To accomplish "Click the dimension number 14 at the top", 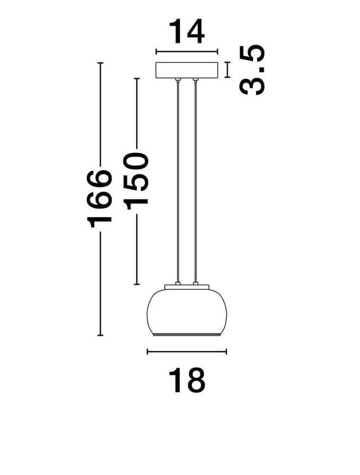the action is (x=187, y=32).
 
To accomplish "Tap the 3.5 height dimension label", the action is (x=252, y=70).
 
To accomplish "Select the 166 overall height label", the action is (x=100, y=199).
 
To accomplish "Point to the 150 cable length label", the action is (x=136, y=181).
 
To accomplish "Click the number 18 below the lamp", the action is (x=187, y=380).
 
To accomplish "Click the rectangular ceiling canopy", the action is (x=187, y=70).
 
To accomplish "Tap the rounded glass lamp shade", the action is (x=187, y=312).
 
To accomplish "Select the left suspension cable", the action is (x=178, y=182).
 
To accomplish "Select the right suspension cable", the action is (x=196, y=182).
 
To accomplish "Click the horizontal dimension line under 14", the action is (x=187, y=52).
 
